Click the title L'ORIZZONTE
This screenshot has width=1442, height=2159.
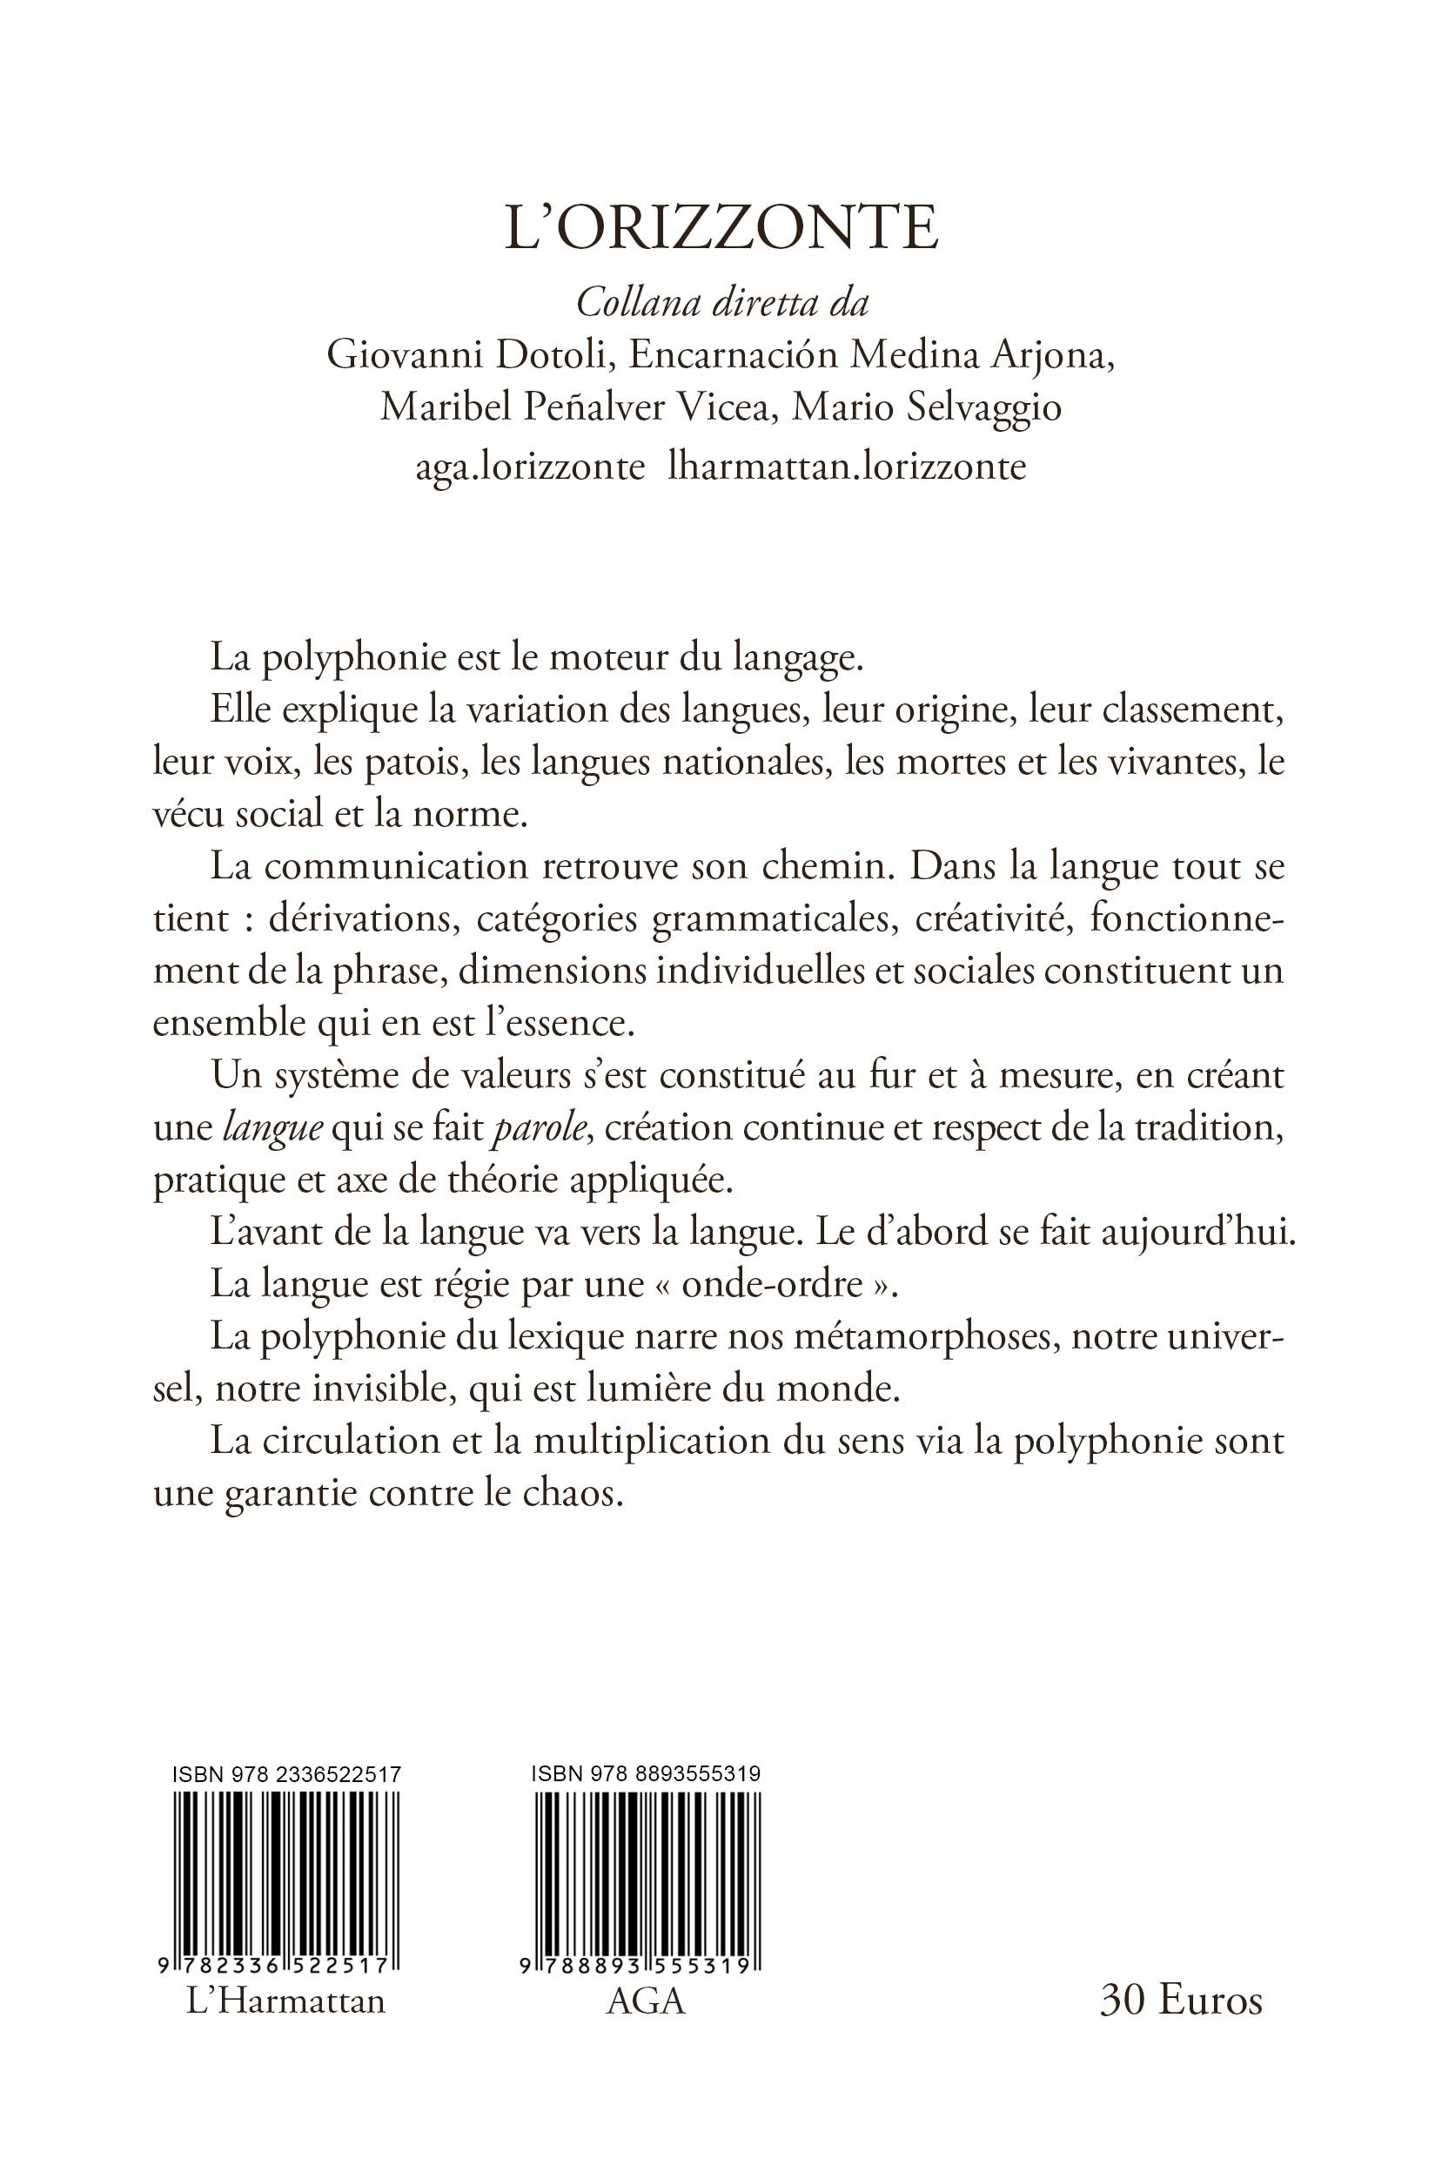721,229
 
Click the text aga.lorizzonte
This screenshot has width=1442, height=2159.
530,467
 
